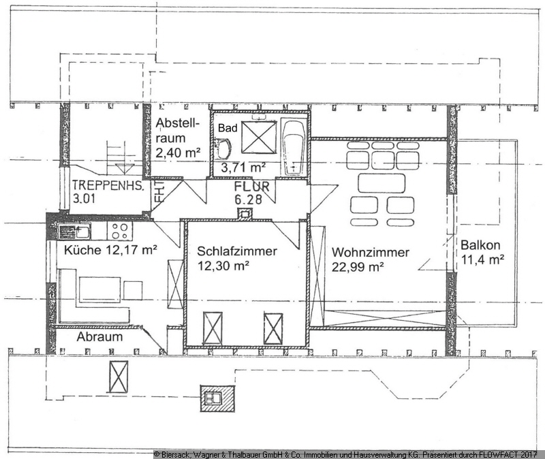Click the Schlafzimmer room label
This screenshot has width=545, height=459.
pyautogui.click(x=237, y=251)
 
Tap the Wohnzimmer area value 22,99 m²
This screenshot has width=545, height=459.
pyautogui.click(x=358, y=267)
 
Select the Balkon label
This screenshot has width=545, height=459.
pyautogui.click(x=480, y=245)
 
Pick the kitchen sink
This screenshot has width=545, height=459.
pyautogui.click(x=74, y=231)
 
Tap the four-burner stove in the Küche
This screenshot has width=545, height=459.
pyautogui.click(x=120, y=231)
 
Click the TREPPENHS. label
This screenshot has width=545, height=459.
pyautogui.click(x=108, y=186)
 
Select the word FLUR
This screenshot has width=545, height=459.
pyautogui.click(x=251, y=187)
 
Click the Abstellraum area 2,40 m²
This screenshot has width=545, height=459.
pyautogui.click(x=178, y=153)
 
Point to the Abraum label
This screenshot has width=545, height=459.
pyautogui.click(x=99, y=336)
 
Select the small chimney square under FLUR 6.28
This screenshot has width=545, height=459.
pyautogui.click(x=245, y=213)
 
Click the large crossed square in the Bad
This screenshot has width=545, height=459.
pyautogui.click(x=259, y=137)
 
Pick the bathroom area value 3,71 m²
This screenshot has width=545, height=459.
pyautogui.click(x=243, y=168)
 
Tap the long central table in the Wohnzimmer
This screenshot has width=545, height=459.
pyautogui.click(x=381, y=183)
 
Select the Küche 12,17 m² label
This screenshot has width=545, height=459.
pyautogui.click(x=110, y=249)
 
